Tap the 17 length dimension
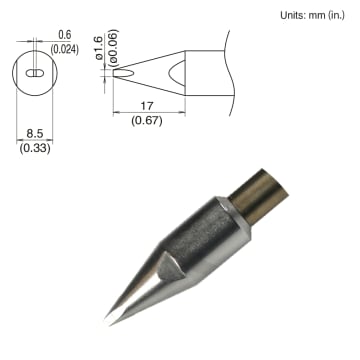[148, 103]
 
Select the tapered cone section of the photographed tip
[140, 285]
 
